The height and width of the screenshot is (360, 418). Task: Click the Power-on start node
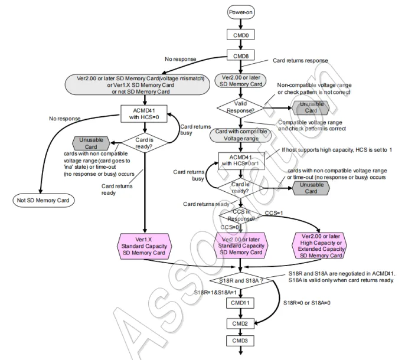pyautogui.click(x=241, y=12)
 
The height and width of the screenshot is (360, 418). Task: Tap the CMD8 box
pyautogui.click(x=241, y=56)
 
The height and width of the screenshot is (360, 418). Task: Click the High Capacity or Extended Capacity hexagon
pyautogui.click(x=322, y=247)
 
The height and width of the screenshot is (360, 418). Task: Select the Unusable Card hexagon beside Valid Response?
pyautogui.click(x=311, y=107)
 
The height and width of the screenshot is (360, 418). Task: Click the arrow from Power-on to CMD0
pyautogui.click(x=241, y=24)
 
